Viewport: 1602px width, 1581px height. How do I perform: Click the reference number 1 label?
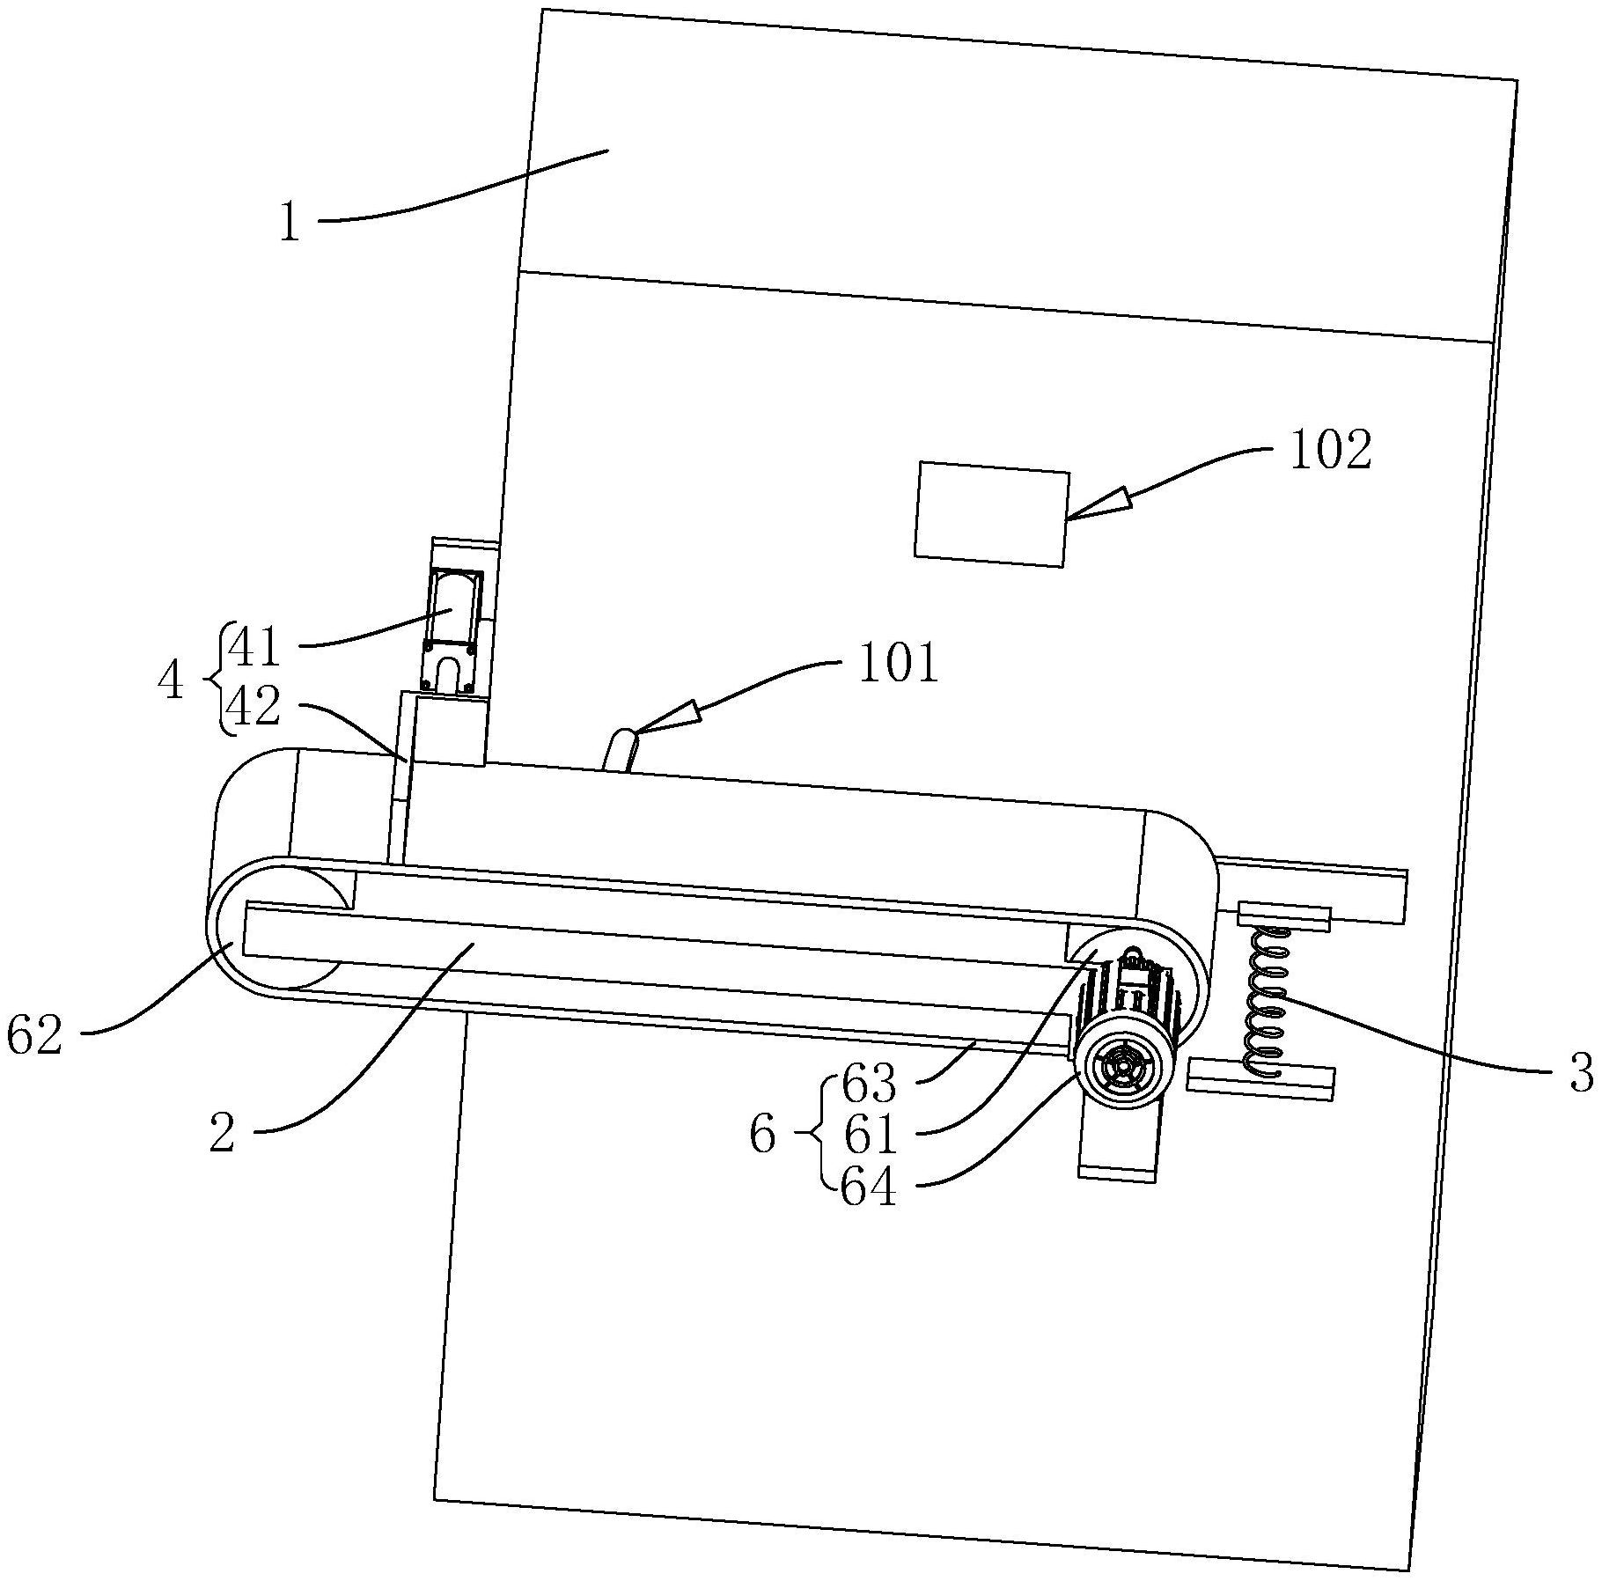290,224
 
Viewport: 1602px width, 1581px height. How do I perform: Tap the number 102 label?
1330,450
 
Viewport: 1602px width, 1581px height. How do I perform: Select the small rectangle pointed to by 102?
992,514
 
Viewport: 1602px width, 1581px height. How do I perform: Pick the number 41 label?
254,648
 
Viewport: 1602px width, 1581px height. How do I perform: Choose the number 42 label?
254,706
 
